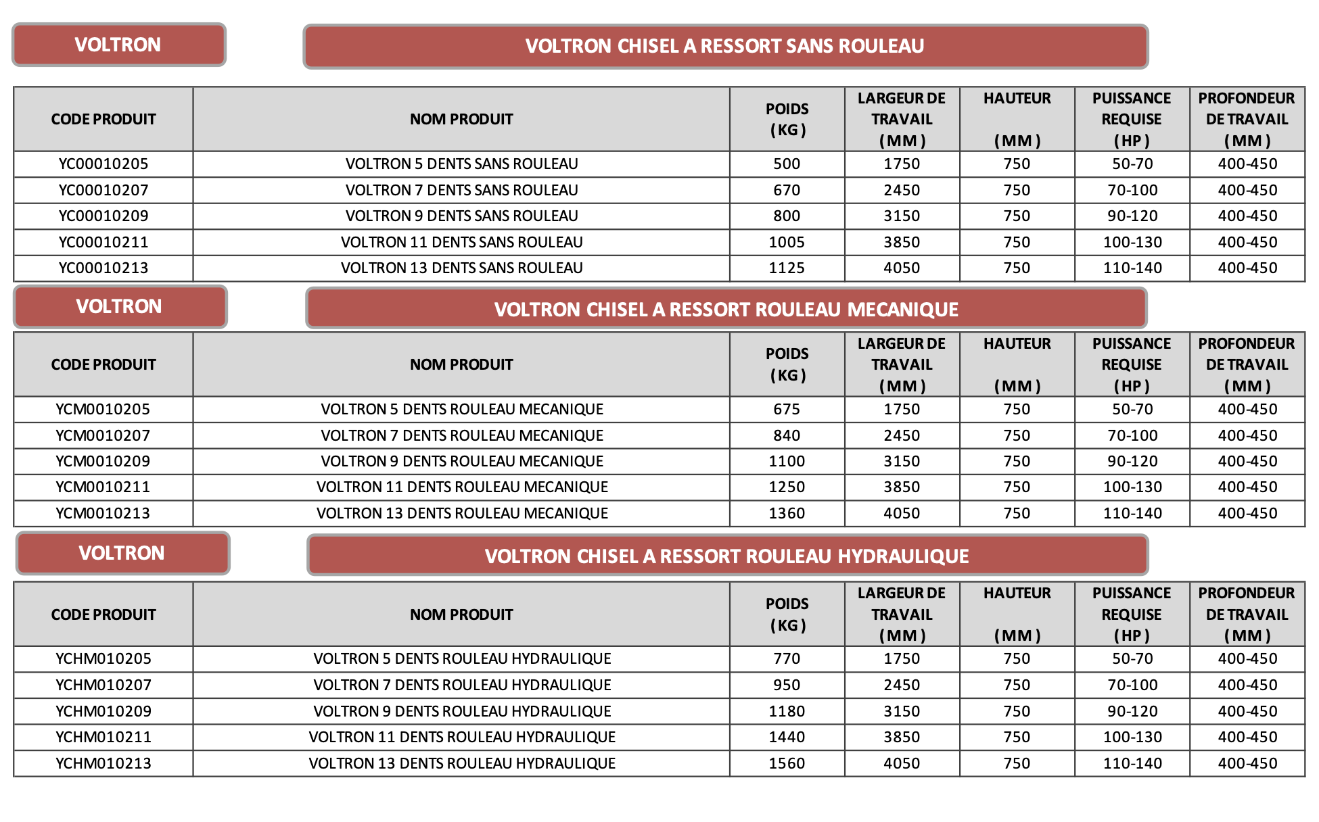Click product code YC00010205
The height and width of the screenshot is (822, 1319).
103,164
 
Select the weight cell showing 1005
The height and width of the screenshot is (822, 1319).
787,242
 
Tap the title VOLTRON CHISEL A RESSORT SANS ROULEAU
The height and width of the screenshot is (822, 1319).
725,46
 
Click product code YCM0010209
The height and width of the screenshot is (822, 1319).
103,461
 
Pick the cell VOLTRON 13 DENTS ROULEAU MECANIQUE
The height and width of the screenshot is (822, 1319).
462,513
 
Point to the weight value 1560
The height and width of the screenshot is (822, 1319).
787,763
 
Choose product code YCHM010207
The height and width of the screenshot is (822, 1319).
103,685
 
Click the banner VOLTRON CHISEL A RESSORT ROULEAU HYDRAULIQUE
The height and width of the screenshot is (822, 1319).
727,556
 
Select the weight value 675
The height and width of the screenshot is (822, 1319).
787,409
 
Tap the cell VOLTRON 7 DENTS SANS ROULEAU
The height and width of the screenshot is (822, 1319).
462,190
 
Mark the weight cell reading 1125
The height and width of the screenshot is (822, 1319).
787,268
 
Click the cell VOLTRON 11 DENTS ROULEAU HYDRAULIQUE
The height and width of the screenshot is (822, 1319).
462,737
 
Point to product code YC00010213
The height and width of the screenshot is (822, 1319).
103,268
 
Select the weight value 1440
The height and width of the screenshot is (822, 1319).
787,737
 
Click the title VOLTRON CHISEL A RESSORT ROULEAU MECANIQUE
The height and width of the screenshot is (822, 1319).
726,309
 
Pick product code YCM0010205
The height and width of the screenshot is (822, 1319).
103,409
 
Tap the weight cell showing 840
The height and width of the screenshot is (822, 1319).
787,435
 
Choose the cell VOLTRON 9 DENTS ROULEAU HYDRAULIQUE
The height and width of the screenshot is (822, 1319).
462,711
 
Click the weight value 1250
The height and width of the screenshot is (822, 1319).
787,487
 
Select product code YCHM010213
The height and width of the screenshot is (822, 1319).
103,763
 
